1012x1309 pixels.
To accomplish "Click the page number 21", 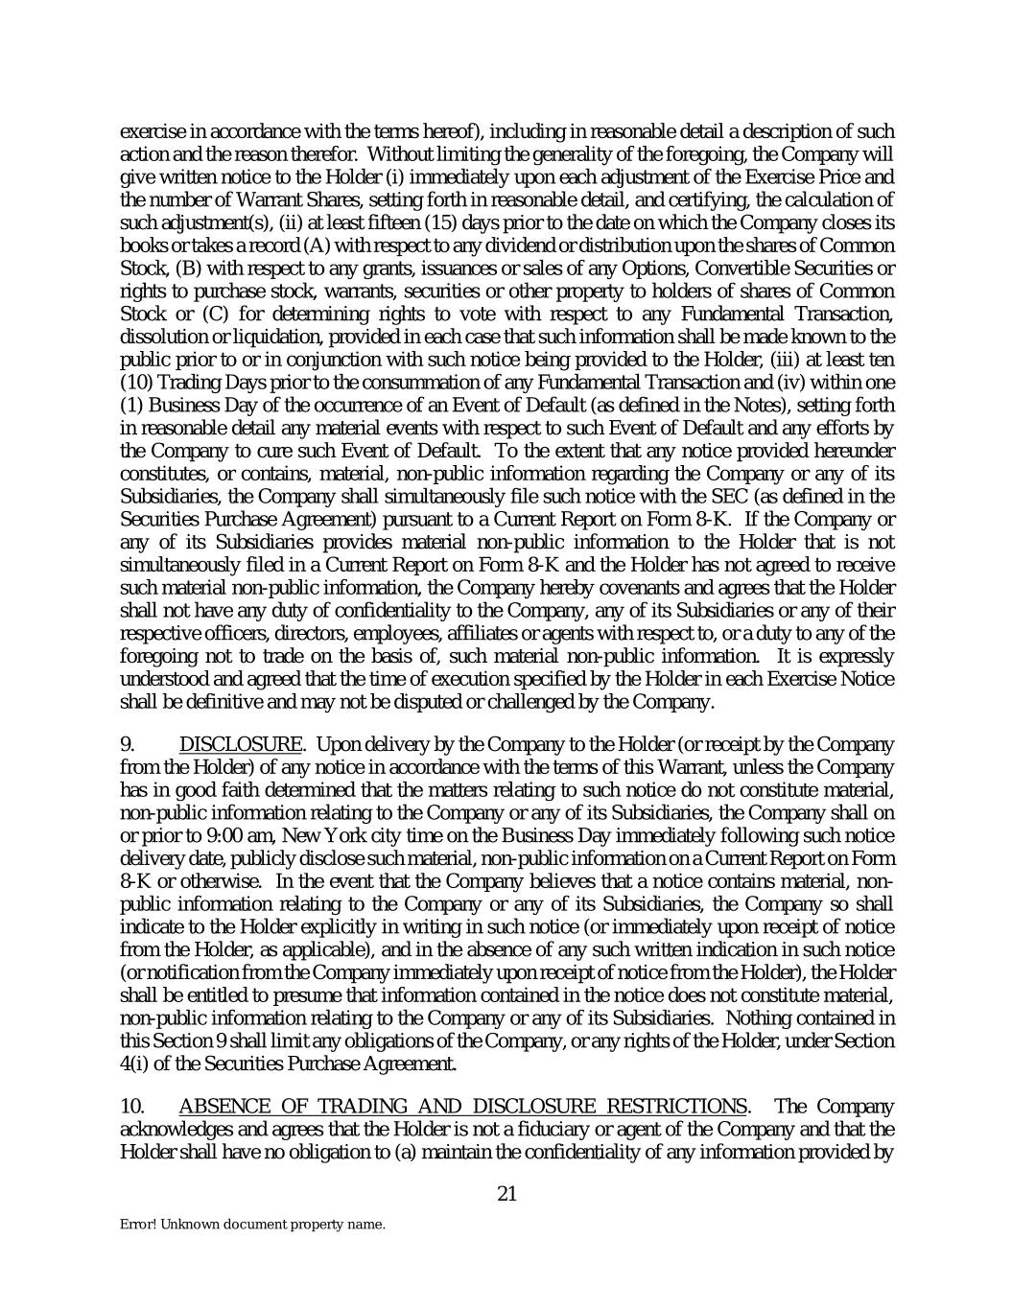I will [507, 1194].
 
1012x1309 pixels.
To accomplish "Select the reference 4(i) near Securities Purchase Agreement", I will [134, 1062].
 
